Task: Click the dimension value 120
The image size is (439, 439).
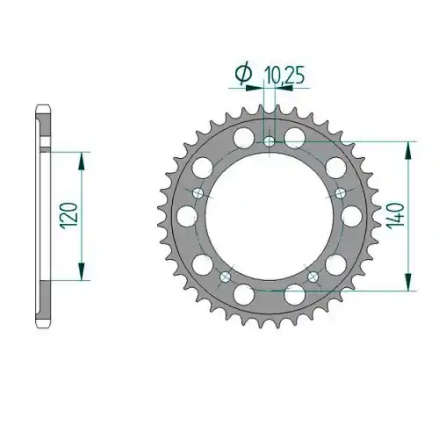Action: pos(69,216)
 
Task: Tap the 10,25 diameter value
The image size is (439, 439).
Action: pos(284,76)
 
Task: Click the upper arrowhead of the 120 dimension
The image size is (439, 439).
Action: pos(81,161)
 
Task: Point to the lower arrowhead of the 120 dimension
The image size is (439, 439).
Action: pos(81,271)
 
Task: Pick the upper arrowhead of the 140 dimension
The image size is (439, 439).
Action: pos(408,150)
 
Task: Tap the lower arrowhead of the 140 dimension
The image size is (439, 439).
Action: pos(408,282)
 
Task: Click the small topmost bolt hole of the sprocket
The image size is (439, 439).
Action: pos(270,142)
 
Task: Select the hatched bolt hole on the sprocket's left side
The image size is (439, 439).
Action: pos(198,193)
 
